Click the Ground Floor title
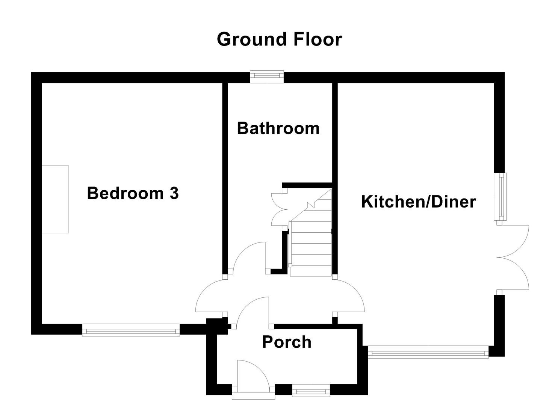pyautogui.click(x=279, y=39)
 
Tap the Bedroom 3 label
pyautogui.click(x=133, y=193)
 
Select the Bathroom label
pyautogui.click(x=278, y=128)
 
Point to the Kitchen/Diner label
pyautogui.click(x=418, y=202)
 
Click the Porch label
pyautogui.click(x=287, y=342)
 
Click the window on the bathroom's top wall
pyautogui.click(x=267, y=77)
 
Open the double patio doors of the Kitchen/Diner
pyautogui.click(x=514, y=258)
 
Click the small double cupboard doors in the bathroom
pyautogui.click(x=278, y=209)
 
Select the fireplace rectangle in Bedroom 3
pyautogui.click(x=55, y=199)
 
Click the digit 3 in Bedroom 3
pyautogui.click(x=174, y=193)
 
